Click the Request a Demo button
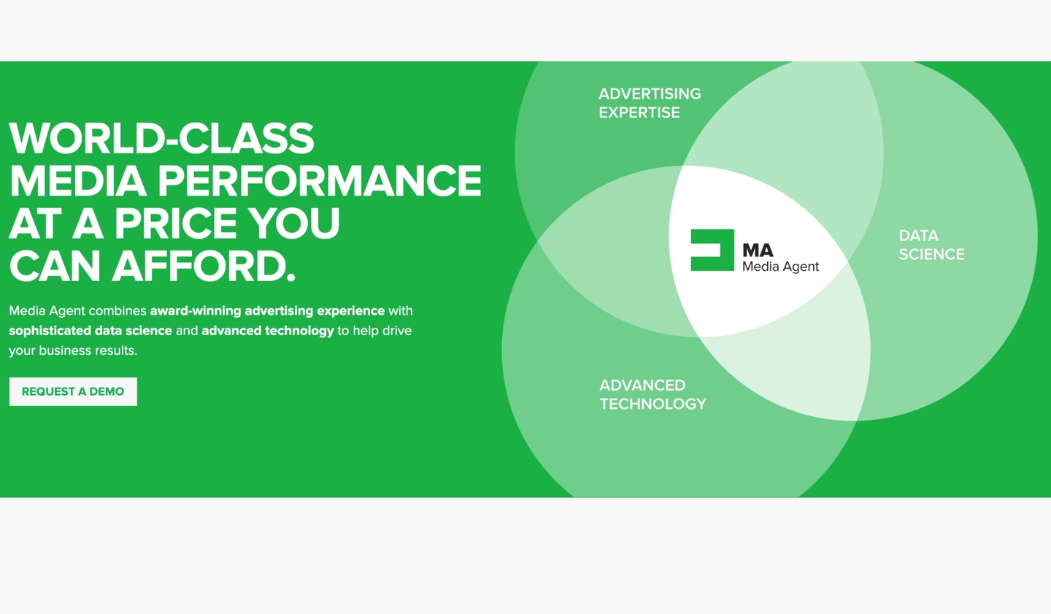tap(73, 391)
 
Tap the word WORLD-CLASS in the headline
tap(161, 138)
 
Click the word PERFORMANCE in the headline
tap(320, 181)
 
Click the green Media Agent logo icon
tap(712, 250)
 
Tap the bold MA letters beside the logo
tap(758, 250)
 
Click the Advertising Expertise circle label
tap(649, 103)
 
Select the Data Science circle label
tap(931, 245)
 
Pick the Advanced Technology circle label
tap(652, 394)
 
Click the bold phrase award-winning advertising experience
tap(267, 311)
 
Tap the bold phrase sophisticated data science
tap(91, 331)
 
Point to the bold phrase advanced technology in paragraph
tap(268, 331)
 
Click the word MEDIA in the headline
tap(78, 181)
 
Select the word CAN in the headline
tap(55, 266)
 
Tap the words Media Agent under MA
tap(780, 266)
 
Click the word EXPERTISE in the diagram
tap(639, 112)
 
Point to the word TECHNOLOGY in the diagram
tap(652, 404)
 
